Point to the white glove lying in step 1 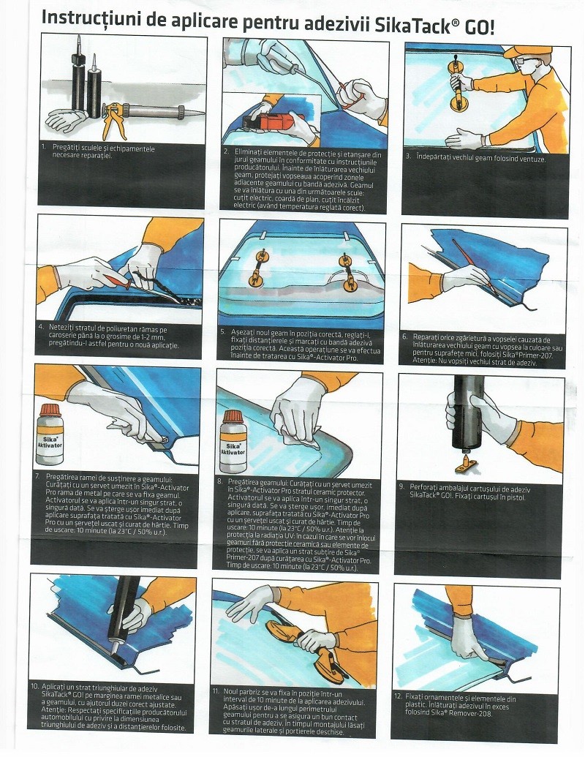tap(67, 120)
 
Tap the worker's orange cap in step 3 tap(526, 51)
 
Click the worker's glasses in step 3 tap(523, 61)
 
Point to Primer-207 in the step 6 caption tap(534, 355)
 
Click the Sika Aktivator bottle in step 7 tap(50, 434)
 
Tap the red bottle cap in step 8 tap(233, 417)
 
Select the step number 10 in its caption tap(34, 686)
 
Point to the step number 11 tap(216, 691)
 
